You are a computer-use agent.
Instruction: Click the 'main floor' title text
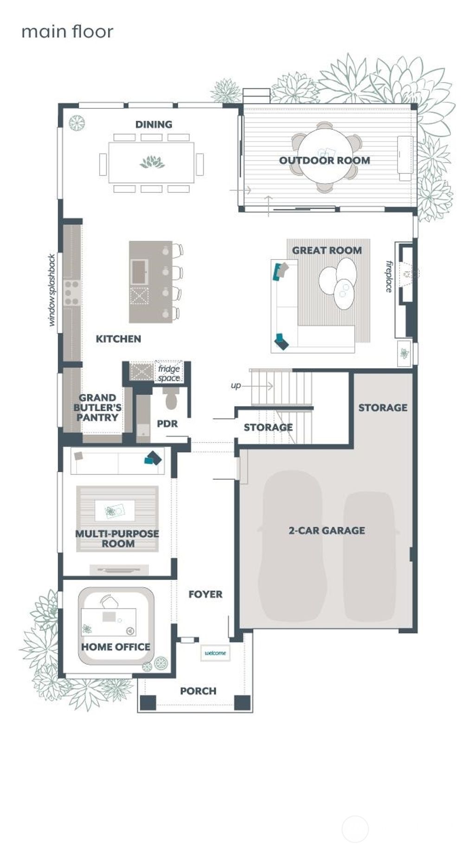(67, 32)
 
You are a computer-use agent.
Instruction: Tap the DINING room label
(154, 124)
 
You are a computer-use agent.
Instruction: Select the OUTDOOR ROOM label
(324, 160)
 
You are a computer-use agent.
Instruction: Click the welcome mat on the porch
(215, 653)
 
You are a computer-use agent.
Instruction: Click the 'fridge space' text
(169, 373)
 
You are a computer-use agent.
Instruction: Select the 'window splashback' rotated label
(51, 290)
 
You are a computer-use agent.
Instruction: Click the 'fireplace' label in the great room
(389, 277)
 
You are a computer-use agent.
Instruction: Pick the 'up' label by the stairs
(236, 386)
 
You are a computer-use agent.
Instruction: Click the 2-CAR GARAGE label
(327, 530)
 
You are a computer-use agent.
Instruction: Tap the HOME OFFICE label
(116, 646)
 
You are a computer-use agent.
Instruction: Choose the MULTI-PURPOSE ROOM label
(117, 538)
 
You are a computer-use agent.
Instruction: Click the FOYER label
(205, 594)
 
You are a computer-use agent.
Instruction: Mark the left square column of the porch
(148, 702)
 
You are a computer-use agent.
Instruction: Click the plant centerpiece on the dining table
(152, 162)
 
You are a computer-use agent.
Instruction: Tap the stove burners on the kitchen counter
(71, 293)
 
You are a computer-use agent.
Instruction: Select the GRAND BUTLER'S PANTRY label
(97, 407)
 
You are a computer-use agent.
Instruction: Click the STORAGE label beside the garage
(383, 407)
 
